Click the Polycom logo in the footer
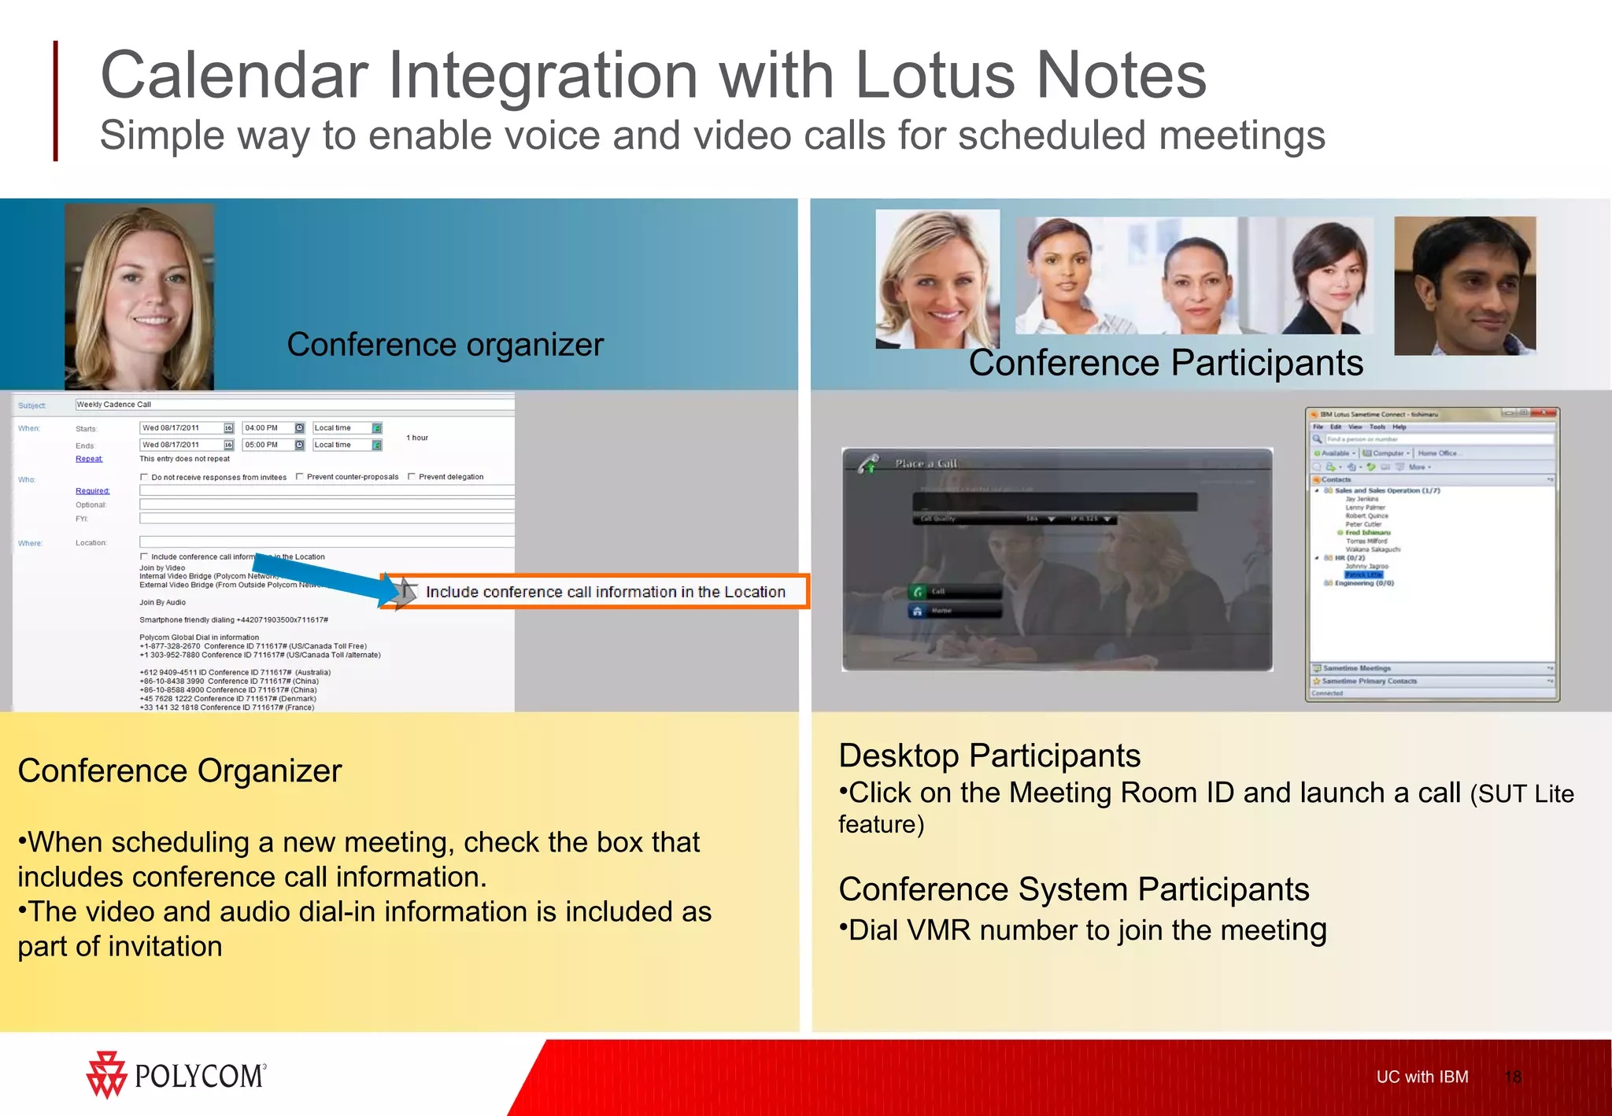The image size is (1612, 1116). (x=176, y=1074)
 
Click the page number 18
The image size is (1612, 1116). (x=1512, y=1077)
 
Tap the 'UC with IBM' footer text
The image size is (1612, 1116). (x=1422, y=1077)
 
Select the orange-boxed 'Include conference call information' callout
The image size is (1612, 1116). (x=604, y=592)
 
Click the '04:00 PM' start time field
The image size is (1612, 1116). (x=268, y=428)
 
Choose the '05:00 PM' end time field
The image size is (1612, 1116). (x=268, y=445)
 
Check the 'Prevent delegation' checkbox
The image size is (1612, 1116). (x=412, y=477)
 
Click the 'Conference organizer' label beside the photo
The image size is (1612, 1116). (x=445, y=345)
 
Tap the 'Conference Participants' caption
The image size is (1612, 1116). (x=1165, y=364)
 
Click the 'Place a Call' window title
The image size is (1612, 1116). (x=925, y=464)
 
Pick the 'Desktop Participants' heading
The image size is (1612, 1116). (x=989, y=756)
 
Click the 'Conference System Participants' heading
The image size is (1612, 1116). (x=1073, y=889)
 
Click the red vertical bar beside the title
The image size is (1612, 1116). (x=55, y=101)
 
